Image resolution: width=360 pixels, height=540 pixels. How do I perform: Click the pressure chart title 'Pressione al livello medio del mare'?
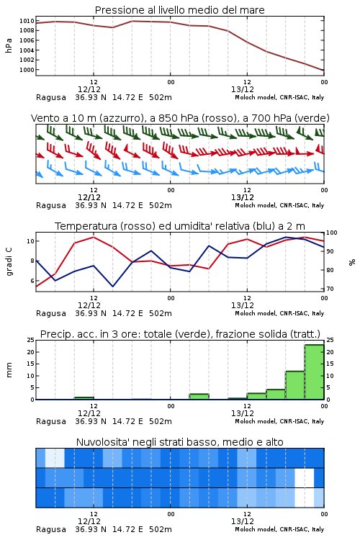(179, 10)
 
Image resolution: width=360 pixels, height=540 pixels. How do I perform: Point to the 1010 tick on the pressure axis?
(27, 21)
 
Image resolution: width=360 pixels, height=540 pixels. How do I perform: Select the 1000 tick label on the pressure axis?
(27, 70)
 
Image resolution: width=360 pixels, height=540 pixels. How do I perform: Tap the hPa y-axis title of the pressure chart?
(9, 45)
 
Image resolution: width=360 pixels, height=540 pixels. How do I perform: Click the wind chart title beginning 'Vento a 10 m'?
(180, 118)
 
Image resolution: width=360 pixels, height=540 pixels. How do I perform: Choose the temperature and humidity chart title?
(180, 226)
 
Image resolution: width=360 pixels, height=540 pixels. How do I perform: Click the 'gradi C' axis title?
(9, 262)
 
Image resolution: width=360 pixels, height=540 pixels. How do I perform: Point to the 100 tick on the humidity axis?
(332, 233)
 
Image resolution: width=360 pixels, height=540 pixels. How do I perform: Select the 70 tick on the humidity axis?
(330, 289)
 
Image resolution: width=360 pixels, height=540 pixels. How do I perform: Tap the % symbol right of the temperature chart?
(352, 262)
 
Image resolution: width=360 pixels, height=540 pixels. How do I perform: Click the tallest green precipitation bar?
(314, 372)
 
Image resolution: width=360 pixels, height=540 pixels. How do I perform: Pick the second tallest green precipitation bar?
(295, 385)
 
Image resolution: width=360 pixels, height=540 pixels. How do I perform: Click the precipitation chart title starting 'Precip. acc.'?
(180, 334)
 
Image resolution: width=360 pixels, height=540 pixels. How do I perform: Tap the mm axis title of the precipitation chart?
(9, 370)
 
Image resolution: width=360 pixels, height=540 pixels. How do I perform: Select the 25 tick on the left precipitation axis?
(30, 341)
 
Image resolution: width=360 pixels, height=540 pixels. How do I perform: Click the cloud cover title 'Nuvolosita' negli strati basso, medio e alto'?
(179, 442)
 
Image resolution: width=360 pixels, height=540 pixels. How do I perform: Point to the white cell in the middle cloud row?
(305, 477)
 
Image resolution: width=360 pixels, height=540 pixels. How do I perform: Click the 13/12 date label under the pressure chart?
(243, 89)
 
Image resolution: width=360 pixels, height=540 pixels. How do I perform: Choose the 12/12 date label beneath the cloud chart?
(89, 521)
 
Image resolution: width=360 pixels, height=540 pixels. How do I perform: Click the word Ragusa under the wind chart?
(51, 206)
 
